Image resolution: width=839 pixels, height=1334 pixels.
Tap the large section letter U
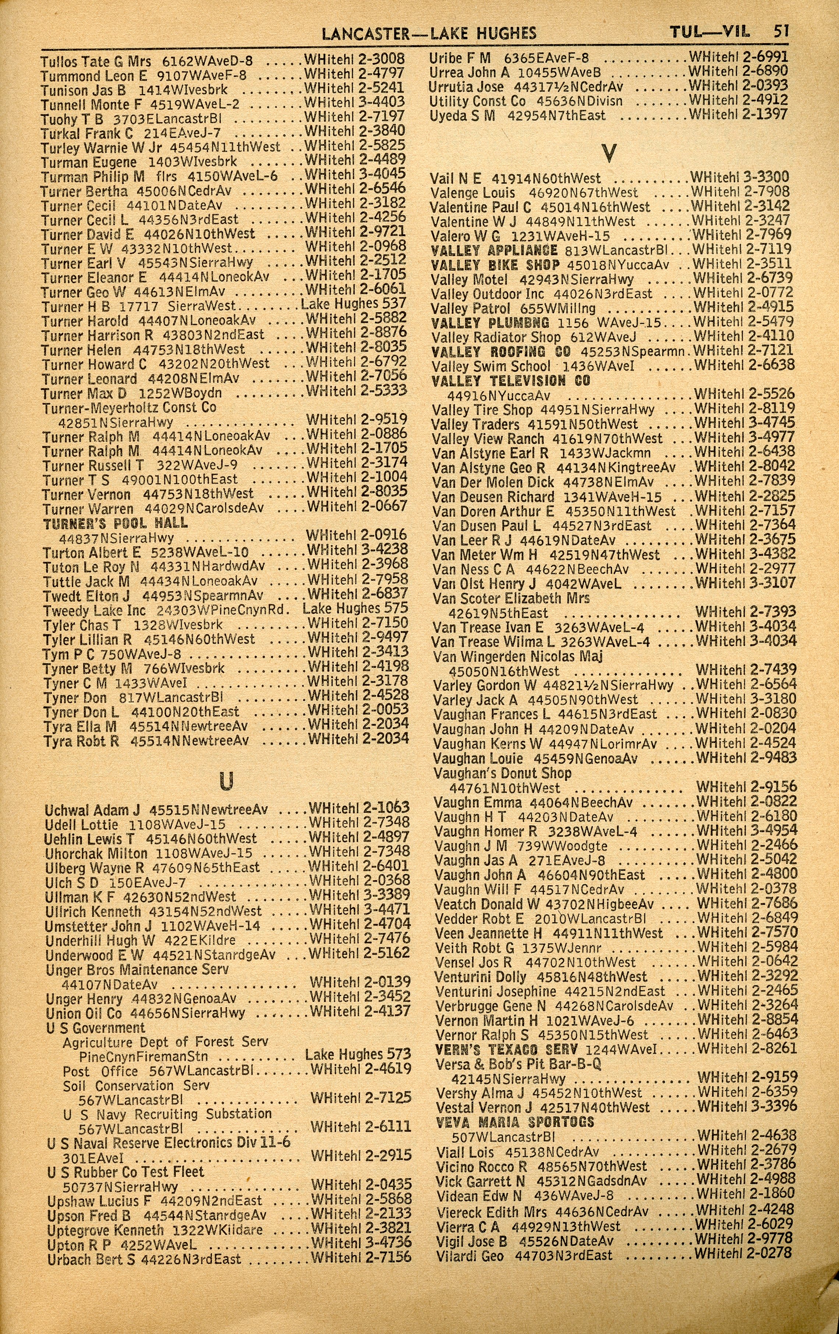pyautogui.click(x=226, y=781)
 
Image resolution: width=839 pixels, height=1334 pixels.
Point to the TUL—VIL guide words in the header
pyautogui.click(x=709, y=32)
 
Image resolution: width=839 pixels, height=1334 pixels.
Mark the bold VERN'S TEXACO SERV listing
pyautogui.click(x=506, y=1049)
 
